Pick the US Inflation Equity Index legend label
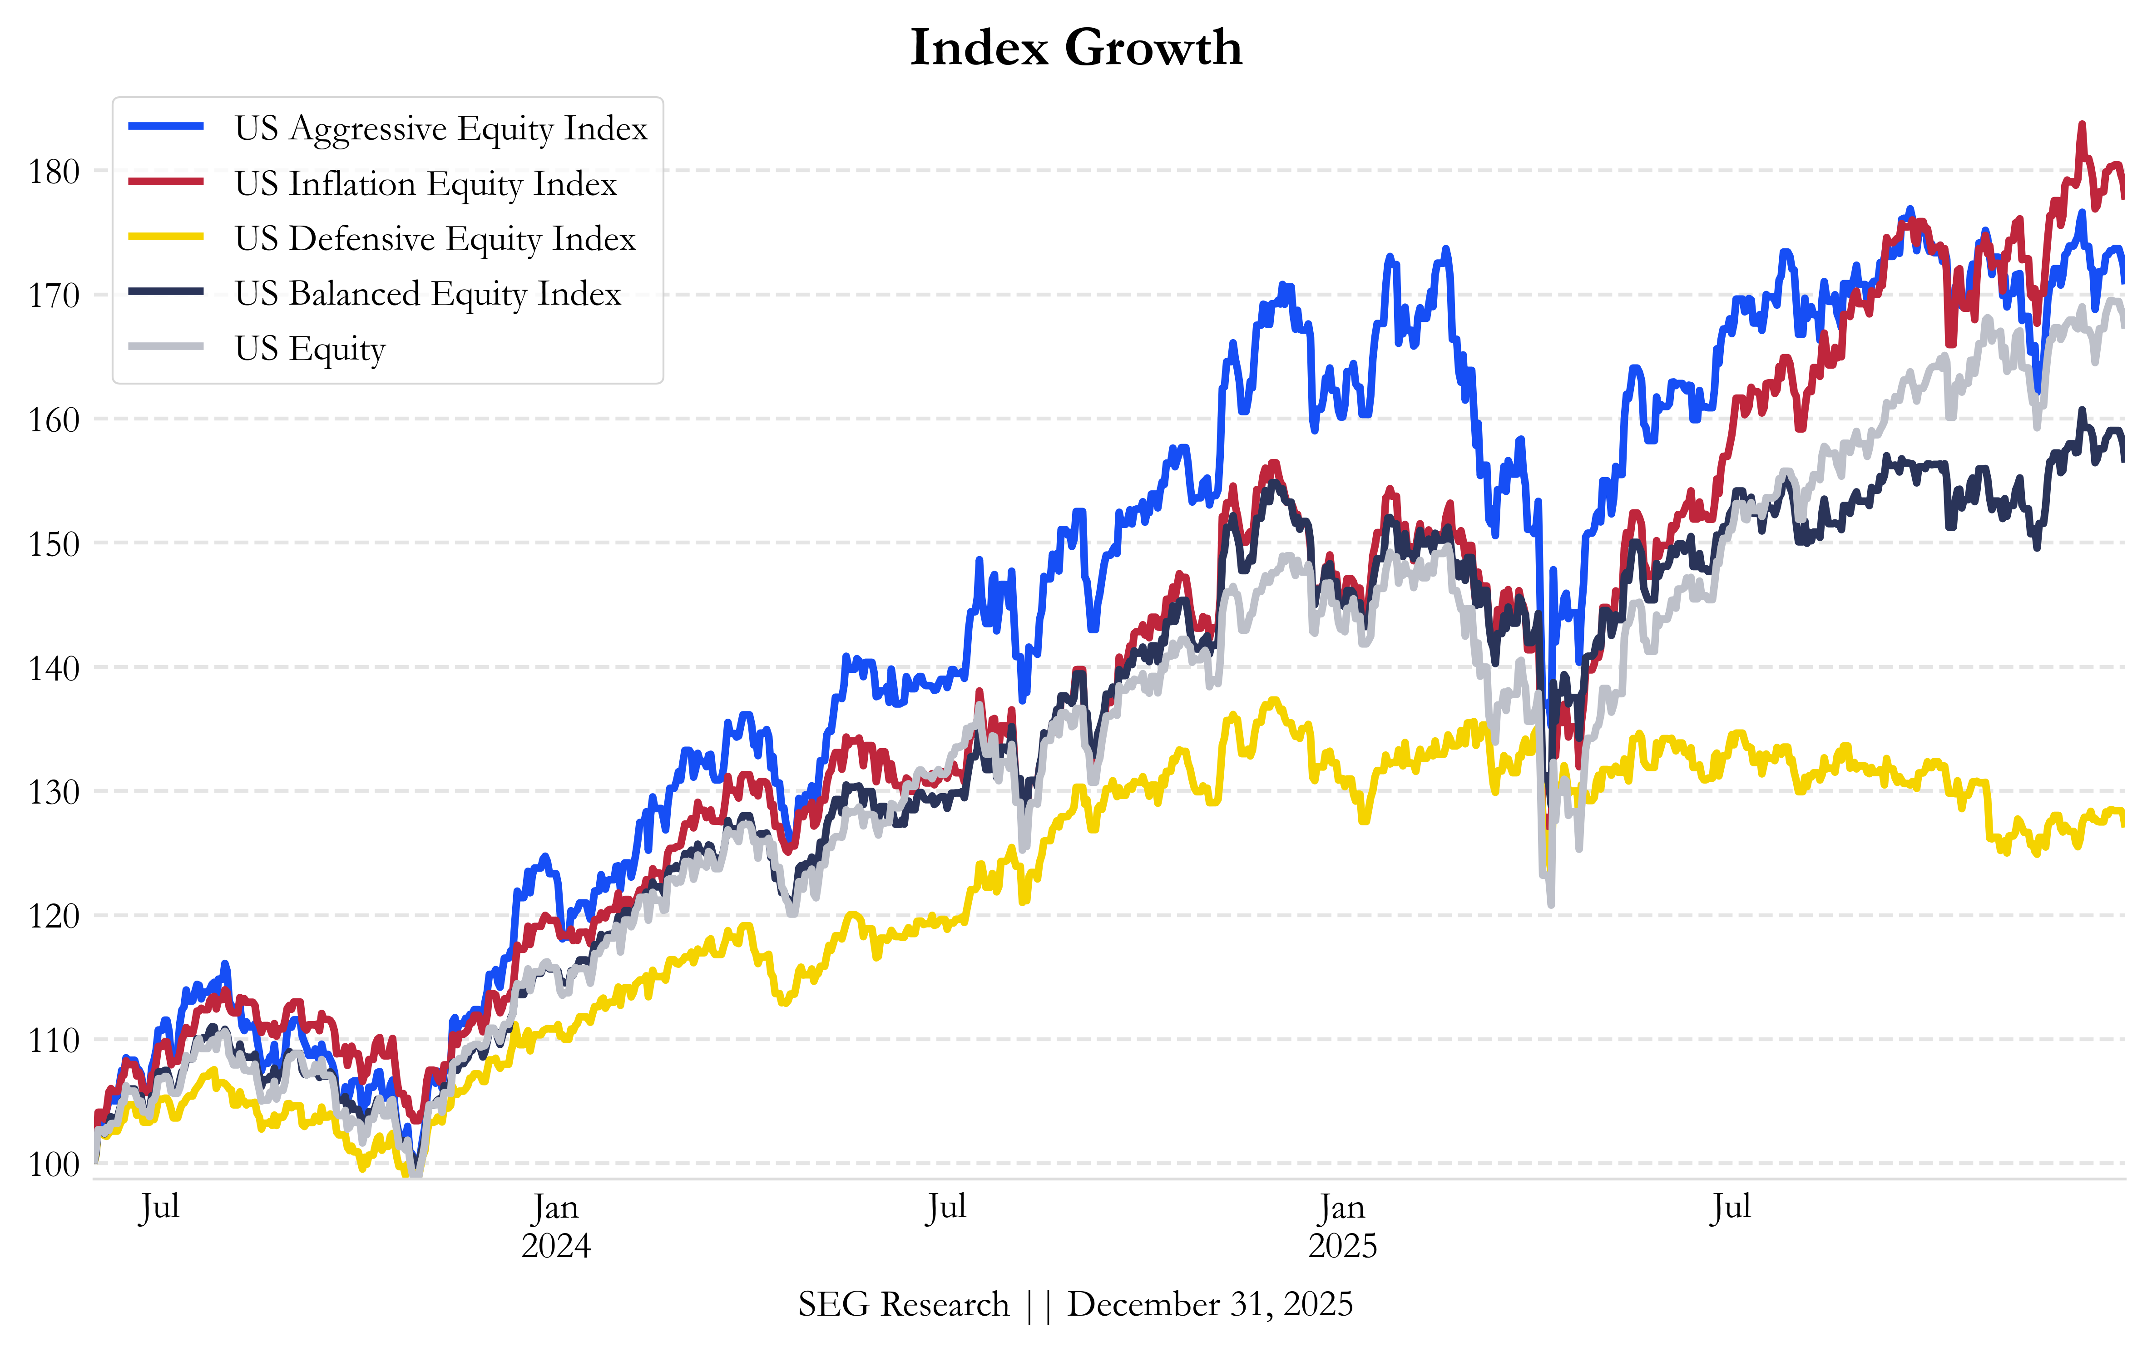tap(425, 184)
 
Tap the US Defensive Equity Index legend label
tap(435, 239)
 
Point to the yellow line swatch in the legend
tap(166, 237)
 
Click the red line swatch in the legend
tap(166, 183)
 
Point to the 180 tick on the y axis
tap(54, 172)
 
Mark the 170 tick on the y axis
tap(54, 296)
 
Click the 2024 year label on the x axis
tap(556, 1246)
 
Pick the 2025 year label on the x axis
tap(1342, 1246)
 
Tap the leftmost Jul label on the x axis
tap(160, 1207)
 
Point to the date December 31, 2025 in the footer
tap(1210, 1305)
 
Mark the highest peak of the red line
tap(2082, 125)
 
